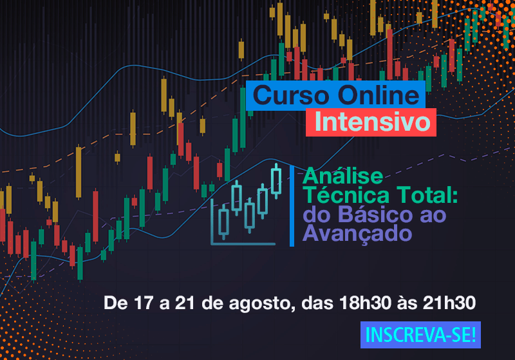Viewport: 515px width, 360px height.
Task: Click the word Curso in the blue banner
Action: tap(291, 95)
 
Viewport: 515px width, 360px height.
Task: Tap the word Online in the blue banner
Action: tap(379, 95)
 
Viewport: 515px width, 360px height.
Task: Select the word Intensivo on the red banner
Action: tap(373, 122)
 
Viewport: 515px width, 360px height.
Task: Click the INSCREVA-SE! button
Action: tap(420, 335)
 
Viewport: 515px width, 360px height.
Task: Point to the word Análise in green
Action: tap(343, 176)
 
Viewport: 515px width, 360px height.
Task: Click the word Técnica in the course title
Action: tap(346, 195)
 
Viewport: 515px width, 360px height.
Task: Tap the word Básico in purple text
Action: tap(375, 214)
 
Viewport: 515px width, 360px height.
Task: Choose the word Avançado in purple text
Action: tap(357, 234)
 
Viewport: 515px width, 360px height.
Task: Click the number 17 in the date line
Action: tap(144, 303)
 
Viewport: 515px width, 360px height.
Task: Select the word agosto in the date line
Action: tap(260, 303)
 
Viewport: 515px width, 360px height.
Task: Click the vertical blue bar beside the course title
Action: tap(292, 206)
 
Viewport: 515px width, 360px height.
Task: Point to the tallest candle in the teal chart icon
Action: tap(276, 182)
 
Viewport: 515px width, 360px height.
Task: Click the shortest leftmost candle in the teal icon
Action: tap(223, 222)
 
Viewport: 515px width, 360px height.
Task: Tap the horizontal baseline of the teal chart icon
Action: tap(243, 243)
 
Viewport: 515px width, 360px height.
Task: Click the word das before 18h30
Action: tap(317, 303)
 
